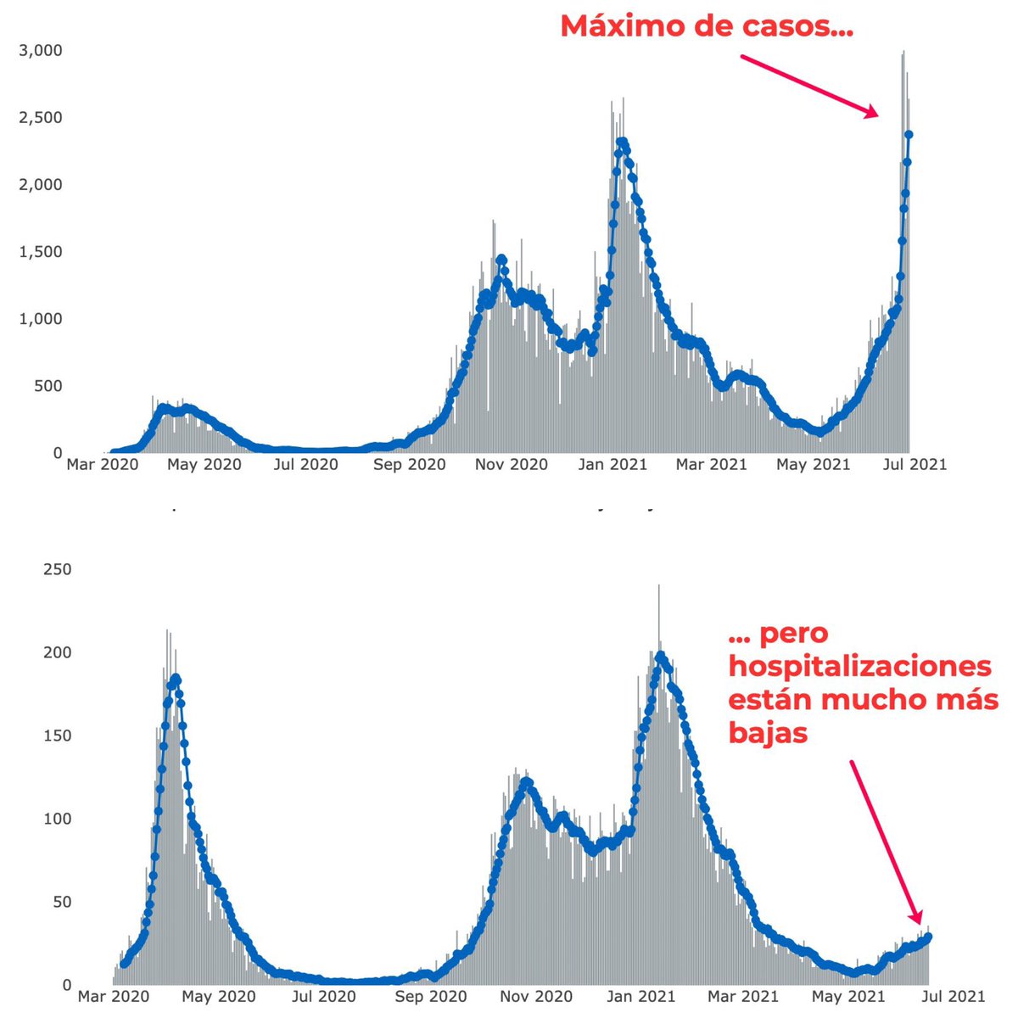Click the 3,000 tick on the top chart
[40, 50]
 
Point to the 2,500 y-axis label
[40, 117]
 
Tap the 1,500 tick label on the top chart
[40, 252]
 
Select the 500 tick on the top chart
[46, 386]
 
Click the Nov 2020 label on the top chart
[511, 465]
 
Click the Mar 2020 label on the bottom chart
[114, 997]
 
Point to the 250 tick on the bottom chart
[58, 569]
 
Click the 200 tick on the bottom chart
[58, 652]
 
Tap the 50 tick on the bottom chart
[62, 902]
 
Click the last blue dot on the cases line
[909, 134]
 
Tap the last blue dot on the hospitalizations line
[929, 937]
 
